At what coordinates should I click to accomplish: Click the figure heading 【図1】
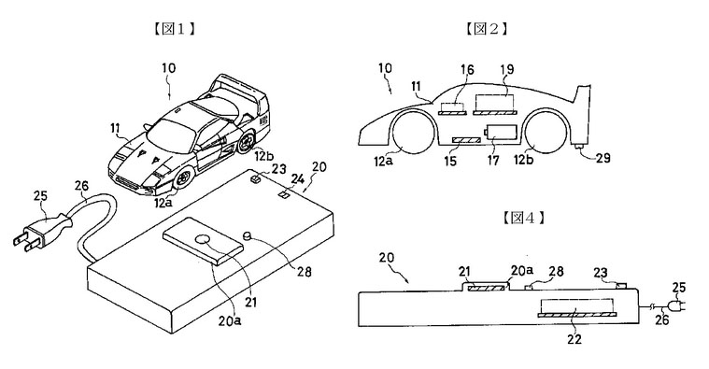point(173,29)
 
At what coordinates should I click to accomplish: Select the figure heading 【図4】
point(523,218)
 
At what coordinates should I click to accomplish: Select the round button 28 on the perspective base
point(248,235)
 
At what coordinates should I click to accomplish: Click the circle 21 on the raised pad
point(202,240)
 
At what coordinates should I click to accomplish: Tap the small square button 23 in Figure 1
point(256,178)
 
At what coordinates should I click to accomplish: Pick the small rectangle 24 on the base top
point(284,195)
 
